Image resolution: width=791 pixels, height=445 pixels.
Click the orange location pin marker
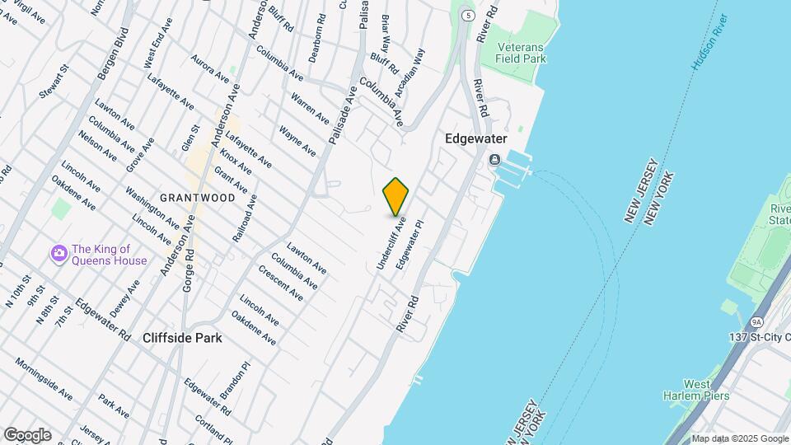click(396, 196)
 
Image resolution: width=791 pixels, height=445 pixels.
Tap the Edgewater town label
click(475, 139)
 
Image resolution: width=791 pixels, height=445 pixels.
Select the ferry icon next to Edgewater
click(494, 159)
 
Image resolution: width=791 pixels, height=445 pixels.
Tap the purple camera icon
click(58, 253)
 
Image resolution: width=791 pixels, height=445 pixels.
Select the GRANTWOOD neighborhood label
click(192, 198)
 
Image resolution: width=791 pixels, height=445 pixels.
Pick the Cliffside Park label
click(182, 338)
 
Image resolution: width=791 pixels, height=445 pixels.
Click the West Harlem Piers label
click(687, 390)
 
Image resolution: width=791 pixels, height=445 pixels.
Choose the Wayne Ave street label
click(297, 141)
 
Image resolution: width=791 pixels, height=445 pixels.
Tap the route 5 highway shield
click(468, 16)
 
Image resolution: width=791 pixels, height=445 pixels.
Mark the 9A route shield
click(756, 323)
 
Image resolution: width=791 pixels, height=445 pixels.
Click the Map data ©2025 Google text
click(739, 438)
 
